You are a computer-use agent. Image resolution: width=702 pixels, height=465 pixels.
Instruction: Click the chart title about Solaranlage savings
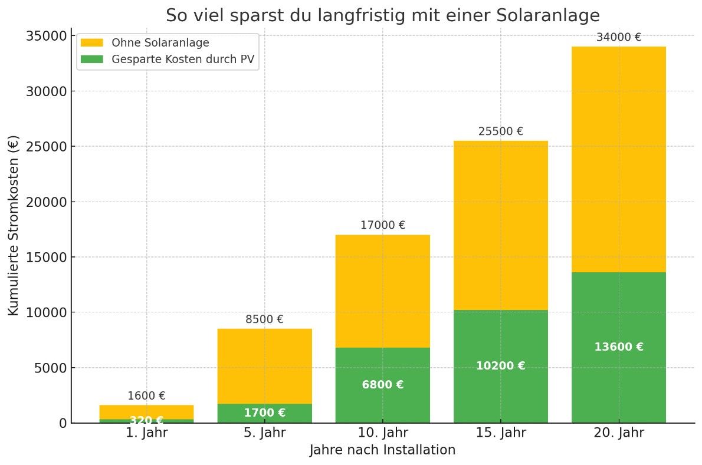[382, 15]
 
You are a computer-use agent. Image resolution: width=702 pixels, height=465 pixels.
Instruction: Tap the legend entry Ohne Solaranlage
[160, 43]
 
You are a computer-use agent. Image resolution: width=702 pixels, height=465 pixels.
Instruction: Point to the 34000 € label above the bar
[618, 37]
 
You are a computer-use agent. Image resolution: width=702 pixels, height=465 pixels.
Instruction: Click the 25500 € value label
[500, 131]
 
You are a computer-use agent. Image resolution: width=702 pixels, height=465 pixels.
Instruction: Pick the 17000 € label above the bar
[382, 225]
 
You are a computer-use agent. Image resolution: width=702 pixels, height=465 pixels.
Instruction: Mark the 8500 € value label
[264, 319]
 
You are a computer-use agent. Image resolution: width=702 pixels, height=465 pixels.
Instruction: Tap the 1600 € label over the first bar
[146, 396]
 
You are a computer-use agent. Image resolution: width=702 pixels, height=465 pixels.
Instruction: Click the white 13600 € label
[618, 347]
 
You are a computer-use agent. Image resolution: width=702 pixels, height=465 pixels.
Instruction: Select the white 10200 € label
[500, 366]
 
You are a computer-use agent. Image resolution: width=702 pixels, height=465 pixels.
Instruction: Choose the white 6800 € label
[382, 385]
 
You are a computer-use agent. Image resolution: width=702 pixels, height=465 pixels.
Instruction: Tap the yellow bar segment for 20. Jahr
[618, 159]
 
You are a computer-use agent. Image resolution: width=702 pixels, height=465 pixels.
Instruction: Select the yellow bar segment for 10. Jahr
[382, 291]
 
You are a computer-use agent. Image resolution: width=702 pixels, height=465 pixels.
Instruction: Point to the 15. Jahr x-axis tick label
[500, 433]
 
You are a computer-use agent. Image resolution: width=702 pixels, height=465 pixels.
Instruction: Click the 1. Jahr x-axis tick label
[146, 433]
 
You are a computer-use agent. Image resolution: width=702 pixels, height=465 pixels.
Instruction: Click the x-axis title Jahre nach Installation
[382, 450]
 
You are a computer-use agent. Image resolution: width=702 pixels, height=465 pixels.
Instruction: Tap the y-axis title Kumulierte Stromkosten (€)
[14, 225]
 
